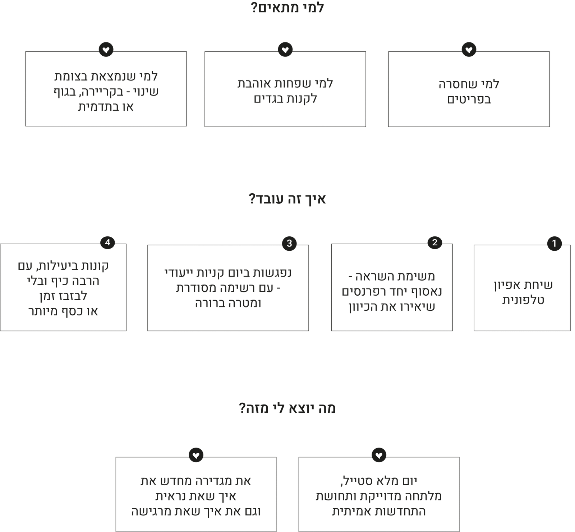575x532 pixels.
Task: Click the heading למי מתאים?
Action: click(287, 8)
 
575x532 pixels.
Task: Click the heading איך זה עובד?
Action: click(287, 199)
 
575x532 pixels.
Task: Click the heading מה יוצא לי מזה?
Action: click(287, 408)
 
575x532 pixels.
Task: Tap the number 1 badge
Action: click(554, 244)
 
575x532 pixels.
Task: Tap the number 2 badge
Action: click(435, 242)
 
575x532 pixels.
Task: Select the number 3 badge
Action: click(289, 244)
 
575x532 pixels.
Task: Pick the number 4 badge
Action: click(107, 242)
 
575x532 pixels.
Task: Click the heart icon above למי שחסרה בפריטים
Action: click(469, 50)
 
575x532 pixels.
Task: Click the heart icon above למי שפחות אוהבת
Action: click(285, 50)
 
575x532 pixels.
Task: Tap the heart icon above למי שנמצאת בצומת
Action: click(106, 50)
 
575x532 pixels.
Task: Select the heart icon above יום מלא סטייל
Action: click(379, 455)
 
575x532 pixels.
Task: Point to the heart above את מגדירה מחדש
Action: click(196, 455)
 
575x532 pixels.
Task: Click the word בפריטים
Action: click(469, 100)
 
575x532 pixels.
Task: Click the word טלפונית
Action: click(523, 300)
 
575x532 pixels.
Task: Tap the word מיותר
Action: click(43, 311)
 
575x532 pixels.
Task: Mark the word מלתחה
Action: click(424, 496)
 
